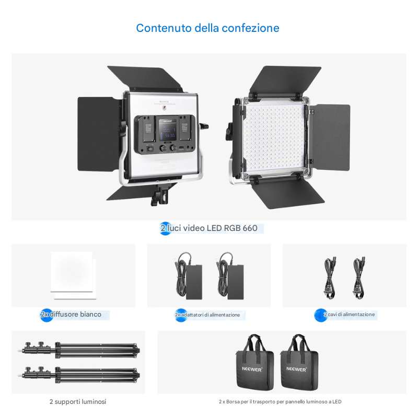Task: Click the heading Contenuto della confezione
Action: (207, 28)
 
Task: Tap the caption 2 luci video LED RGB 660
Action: (209, 228)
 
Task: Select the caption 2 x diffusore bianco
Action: (71, 315)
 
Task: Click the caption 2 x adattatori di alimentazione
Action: (207, 315)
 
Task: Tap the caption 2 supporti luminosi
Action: (78, 401)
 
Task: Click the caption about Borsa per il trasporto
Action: (280, 401)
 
